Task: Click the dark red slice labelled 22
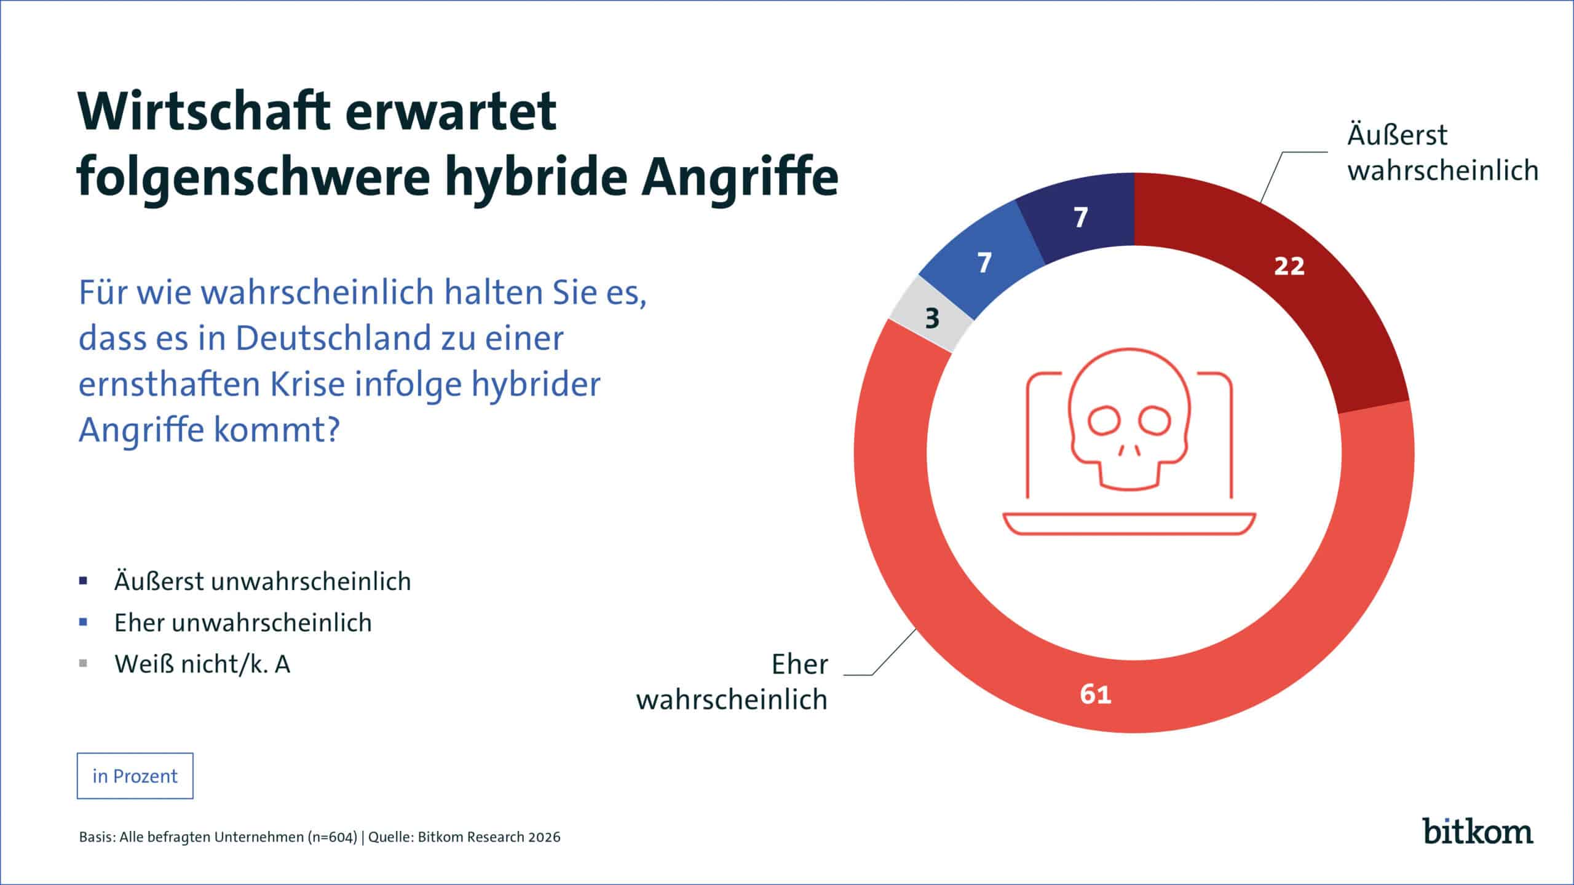point(1289,266)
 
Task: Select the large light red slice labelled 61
point(1096,694)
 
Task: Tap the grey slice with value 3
point(933,318)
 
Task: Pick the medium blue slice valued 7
point(984,263)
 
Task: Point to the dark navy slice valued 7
point(1080,218)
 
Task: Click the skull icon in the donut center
point(1129,418)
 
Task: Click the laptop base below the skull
point(1129,524)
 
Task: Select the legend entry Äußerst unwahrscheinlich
point(263,581)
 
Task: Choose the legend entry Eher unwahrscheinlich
point(243,623)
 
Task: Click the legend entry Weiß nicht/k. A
point(202,664)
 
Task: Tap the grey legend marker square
point(84,664)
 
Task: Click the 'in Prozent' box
point(135,776)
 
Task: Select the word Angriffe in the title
point(740,176)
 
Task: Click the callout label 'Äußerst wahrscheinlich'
point(1442,152)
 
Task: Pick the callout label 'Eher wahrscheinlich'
point(732,682)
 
